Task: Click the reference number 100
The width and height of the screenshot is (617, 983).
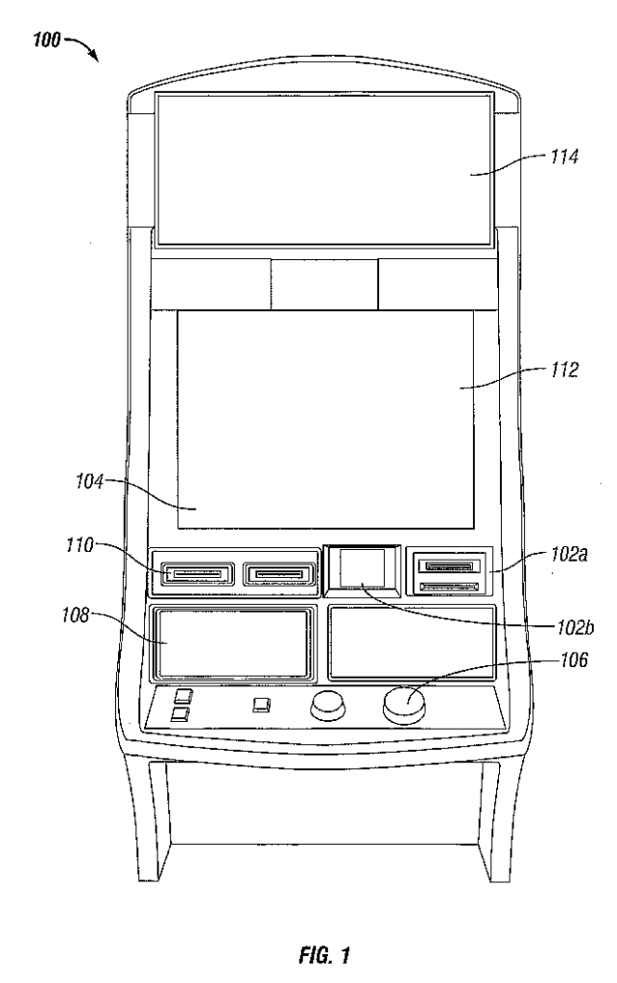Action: click(x=46, y=41)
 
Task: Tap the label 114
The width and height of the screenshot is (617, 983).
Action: click(x=564, y=156)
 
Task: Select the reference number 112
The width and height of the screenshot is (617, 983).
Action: click(x=564, y=370)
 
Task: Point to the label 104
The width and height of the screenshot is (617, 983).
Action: click(x=89, y=482)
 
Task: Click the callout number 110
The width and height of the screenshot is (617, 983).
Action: click(x=80, y=545)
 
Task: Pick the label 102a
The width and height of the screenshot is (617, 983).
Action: click(x=569, y=554)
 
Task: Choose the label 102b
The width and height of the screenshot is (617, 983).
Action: click(x=576, y=627)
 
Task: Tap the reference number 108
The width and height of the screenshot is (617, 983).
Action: click(x=75, y=615)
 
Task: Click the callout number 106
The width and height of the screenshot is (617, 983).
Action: click(x=575, y=659)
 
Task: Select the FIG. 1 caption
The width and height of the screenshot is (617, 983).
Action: click(x=324, y=955)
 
